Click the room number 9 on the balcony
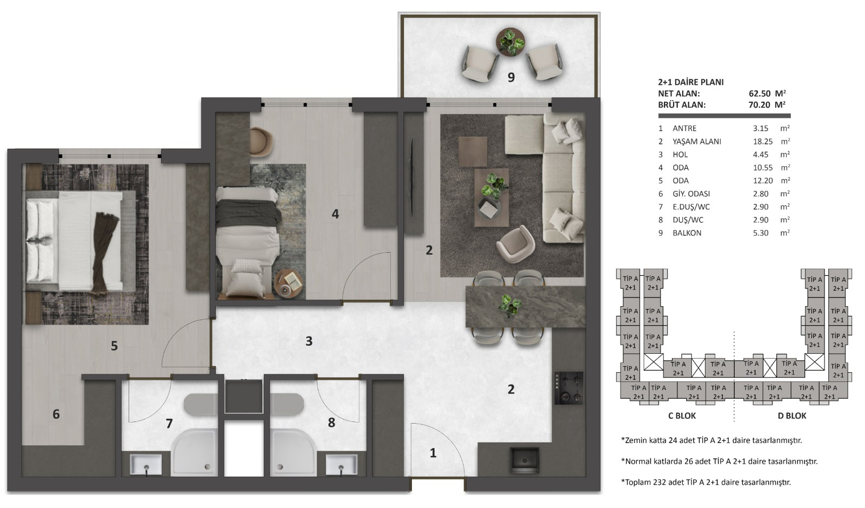coord(511,77)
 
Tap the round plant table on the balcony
coord(510,42)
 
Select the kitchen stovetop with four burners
coord(569,388)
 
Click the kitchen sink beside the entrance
coord(524,460)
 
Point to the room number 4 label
coord(335,214)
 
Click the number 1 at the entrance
coord(433,453)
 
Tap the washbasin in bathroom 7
coord(146,464)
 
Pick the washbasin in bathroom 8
coord(341,464)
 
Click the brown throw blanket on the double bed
coord(104,253)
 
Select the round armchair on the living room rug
coord(516,244)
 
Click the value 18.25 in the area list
coord(763,141)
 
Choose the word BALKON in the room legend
coord(687,233)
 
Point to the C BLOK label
coord(682,415)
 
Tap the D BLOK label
coord(792,415)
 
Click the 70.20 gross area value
coord(759,105)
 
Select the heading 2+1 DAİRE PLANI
coord(691,82)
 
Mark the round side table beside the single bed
coord(289,284)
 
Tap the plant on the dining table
coord(510,305)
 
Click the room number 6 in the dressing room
coord(56,414)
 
